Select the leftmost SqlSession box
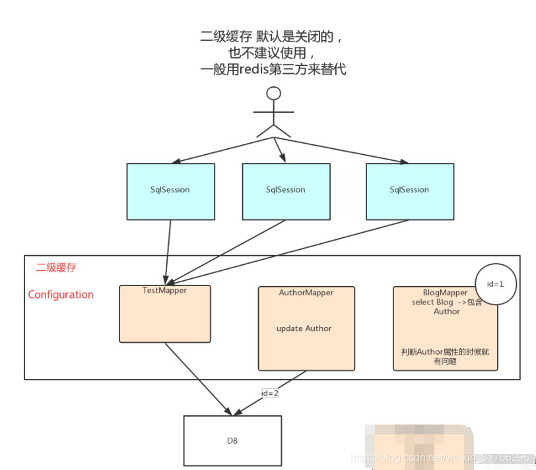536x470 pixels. click(x=170, y=191)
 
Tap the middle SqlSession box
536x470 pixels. click(x=285, y=191)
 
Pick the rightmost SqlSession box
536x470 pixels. click(x=409, y=191)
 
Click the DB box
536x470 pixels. click(x=232, y=440)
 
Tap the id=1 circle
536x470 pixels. click(x=495, y=284)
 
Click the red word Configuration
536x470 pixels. click(x=61, y=295)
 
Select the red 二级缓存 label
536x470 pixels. click(x=56, y=268)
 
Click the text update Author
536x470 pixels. click(x=304, y=328)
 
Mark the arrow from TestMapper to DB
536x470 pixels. click(x=198, y=379)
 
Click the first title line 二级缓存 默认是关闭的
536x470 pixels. click(x=273, y=37)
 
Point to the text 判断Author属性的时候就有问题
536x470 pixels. click(x=445, y=357)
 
